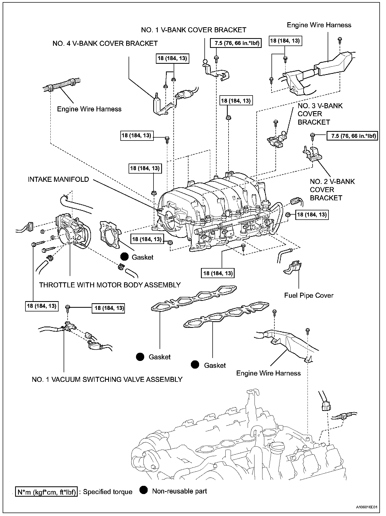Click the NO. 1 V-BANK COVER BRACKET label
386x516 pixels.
pyautogui.click(x=194, y=30)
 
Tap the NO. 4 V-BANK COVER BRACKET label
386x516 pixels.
pyautogui.click(x=105, y=43)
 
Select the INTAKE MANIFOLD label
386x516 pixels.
pyautogui.click(x=58, y=179)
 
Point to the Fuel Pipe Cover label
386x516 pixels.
pyautogui.click(x=309, y=295)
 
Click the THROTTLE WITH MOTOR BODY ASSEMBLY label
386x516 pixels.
pyautogui.click(x=110, y=285)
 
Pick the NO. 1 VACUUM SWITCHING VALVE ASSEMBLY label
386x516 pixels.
pyautogui.click(x=107, y=379)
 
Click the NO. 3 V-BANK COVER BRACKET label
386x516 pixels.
pyautogui.click(x=320, y=114)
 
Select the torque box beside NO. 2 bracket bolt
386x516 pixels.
pyautogui.click(x=352, y=136)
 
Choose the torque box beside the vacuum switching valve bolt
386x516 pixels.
pyautogui.click(x=108, y=308)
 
